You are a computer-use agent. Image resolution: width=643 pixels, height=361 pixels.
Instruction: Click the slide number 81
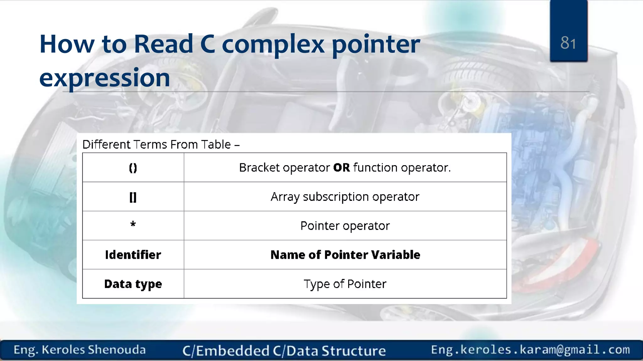pos(568,43)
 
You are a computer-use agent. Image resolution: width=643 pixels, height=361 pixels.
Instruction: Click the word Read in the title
pos(163,44)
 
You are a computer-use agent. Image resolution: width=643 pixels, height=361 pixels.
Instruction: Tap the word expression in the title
pos(105,78)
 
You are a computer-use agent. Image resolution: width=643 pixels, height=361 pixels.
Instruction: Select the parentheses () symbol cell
pos(133,168)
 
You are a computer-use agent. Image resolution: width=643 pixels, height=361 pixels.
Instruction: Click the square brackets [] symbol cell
pos(133,197)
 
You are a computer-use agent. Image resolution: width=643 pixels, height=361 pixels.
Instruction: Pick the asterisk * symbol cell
pos(133,225)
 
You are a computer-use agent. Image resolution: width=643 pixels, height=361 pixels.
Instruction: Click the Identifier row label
pos(133,255)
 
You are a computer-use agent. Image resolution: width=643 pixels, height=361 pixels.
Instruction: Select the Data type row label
pos(133,284)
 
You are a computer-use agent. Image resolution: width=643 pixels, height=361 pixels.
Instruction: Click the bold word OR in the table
pos(341,168)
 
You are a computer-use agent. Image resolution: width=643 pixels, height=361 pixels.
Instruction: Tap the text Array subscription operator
pos(345,197)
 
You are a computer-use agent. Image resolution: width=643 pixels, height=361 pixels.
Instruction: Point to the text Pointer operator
pos(345,226)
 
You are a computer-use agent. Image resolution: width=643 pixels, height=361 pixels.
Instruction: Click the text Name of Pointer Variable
pos(345,255)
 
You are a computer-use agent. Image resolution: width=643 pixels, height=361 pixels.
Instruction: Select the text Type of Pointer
pos(345,284)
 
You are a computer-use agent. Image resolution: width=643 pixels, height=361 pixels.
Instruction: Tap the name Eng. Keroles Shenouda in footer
pos(79,350)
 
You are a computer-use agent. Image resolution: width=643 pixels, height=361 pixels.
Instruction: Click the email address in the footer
pos(530,349)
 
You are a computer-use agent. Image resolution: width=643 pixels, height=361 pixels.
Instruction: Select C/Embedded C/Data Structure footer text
pos(284,351)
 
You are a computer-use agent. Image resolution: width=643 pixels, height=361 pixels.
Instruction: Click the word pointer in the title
pos(376,44)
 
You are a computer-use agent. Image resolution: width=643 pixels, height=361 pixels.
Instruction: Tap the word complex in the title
pos(273,44)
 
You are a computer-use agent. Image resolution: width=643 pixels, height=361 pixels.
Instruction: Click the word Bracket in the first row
pos(259,168)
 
